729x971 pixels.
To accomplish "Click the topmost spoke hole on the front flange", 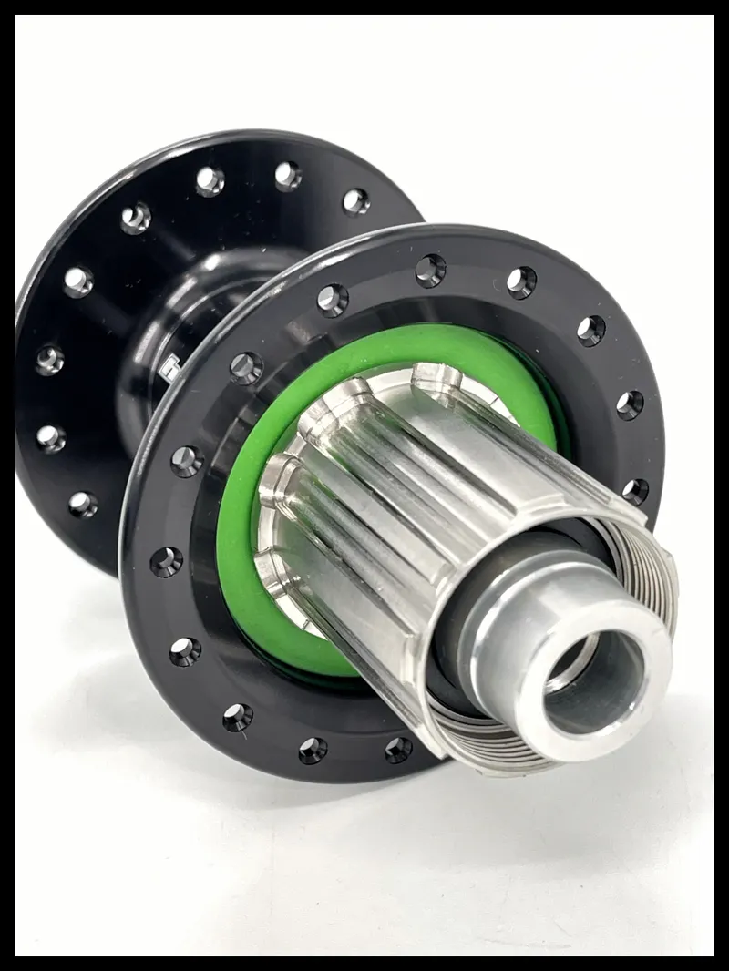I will coord(430,271).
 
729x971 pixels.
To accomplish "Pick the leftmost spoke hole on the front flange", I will coord(166,562).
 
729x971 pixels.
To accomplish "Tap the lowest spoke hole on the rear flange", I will coord(83,504).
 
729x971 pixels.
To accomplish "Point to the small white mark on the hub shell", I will coord(166,369).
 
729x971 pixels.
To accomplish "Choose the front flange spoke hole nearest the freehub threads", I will coord(635,491).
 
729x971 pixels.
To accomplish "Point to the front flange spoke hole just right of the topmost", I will coord(521,282).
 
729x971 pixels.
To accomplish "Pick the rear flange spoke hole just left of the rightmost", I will coord(288,176).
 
